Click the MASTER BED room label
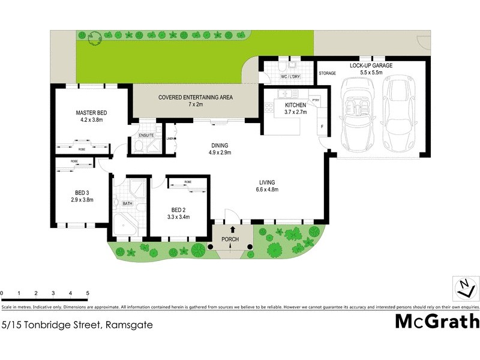pos(91,112)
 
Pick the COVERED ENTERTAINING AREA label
pos(195,97)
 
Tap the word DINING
pos(220,145)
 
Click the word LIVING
pos(267,182)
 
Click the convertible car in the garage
pos(358,114)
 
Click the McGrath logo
pos(437,321)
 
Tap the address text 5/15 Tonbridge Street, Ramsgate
pos(77,325)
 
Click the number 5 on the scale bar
pos(88,293)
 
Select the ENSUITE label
pos(146,136)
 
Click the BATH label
pos(127,203)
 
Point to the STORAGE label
pos(327,73)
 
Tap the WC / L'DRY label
pos(290,77)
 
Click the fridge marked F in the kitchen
pos(322,127)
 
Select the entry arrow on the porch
pos(233,230)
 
